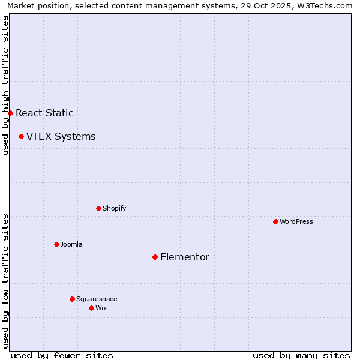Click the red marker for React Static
tap(10, 113)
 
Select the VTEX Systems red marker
tap(21, 136)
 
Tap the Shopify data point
tap(98, 208)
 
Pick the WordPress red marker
tap(275, 221)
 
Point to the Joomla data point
tap(56, 244)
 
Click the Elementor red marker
tap(155, 257)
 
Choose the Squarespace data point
tap(72, 299)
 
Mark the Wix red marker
tap(91, 308)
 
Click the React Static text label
tap(44, 113)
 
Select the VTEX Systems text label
tap(61, 136)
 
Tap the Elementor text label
tap(184, 257)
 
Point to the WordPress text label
tap(296, 221)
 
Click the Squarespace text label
tap(97, 299)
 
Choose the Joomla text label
tap(71, 244)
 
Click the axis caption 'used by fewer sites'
tap(62, 355)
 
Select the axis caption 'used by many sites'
tap(301, 355)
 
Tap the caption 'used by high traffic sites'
tap(5, 85)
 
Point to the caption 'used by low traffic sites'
tap(5, 280)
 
